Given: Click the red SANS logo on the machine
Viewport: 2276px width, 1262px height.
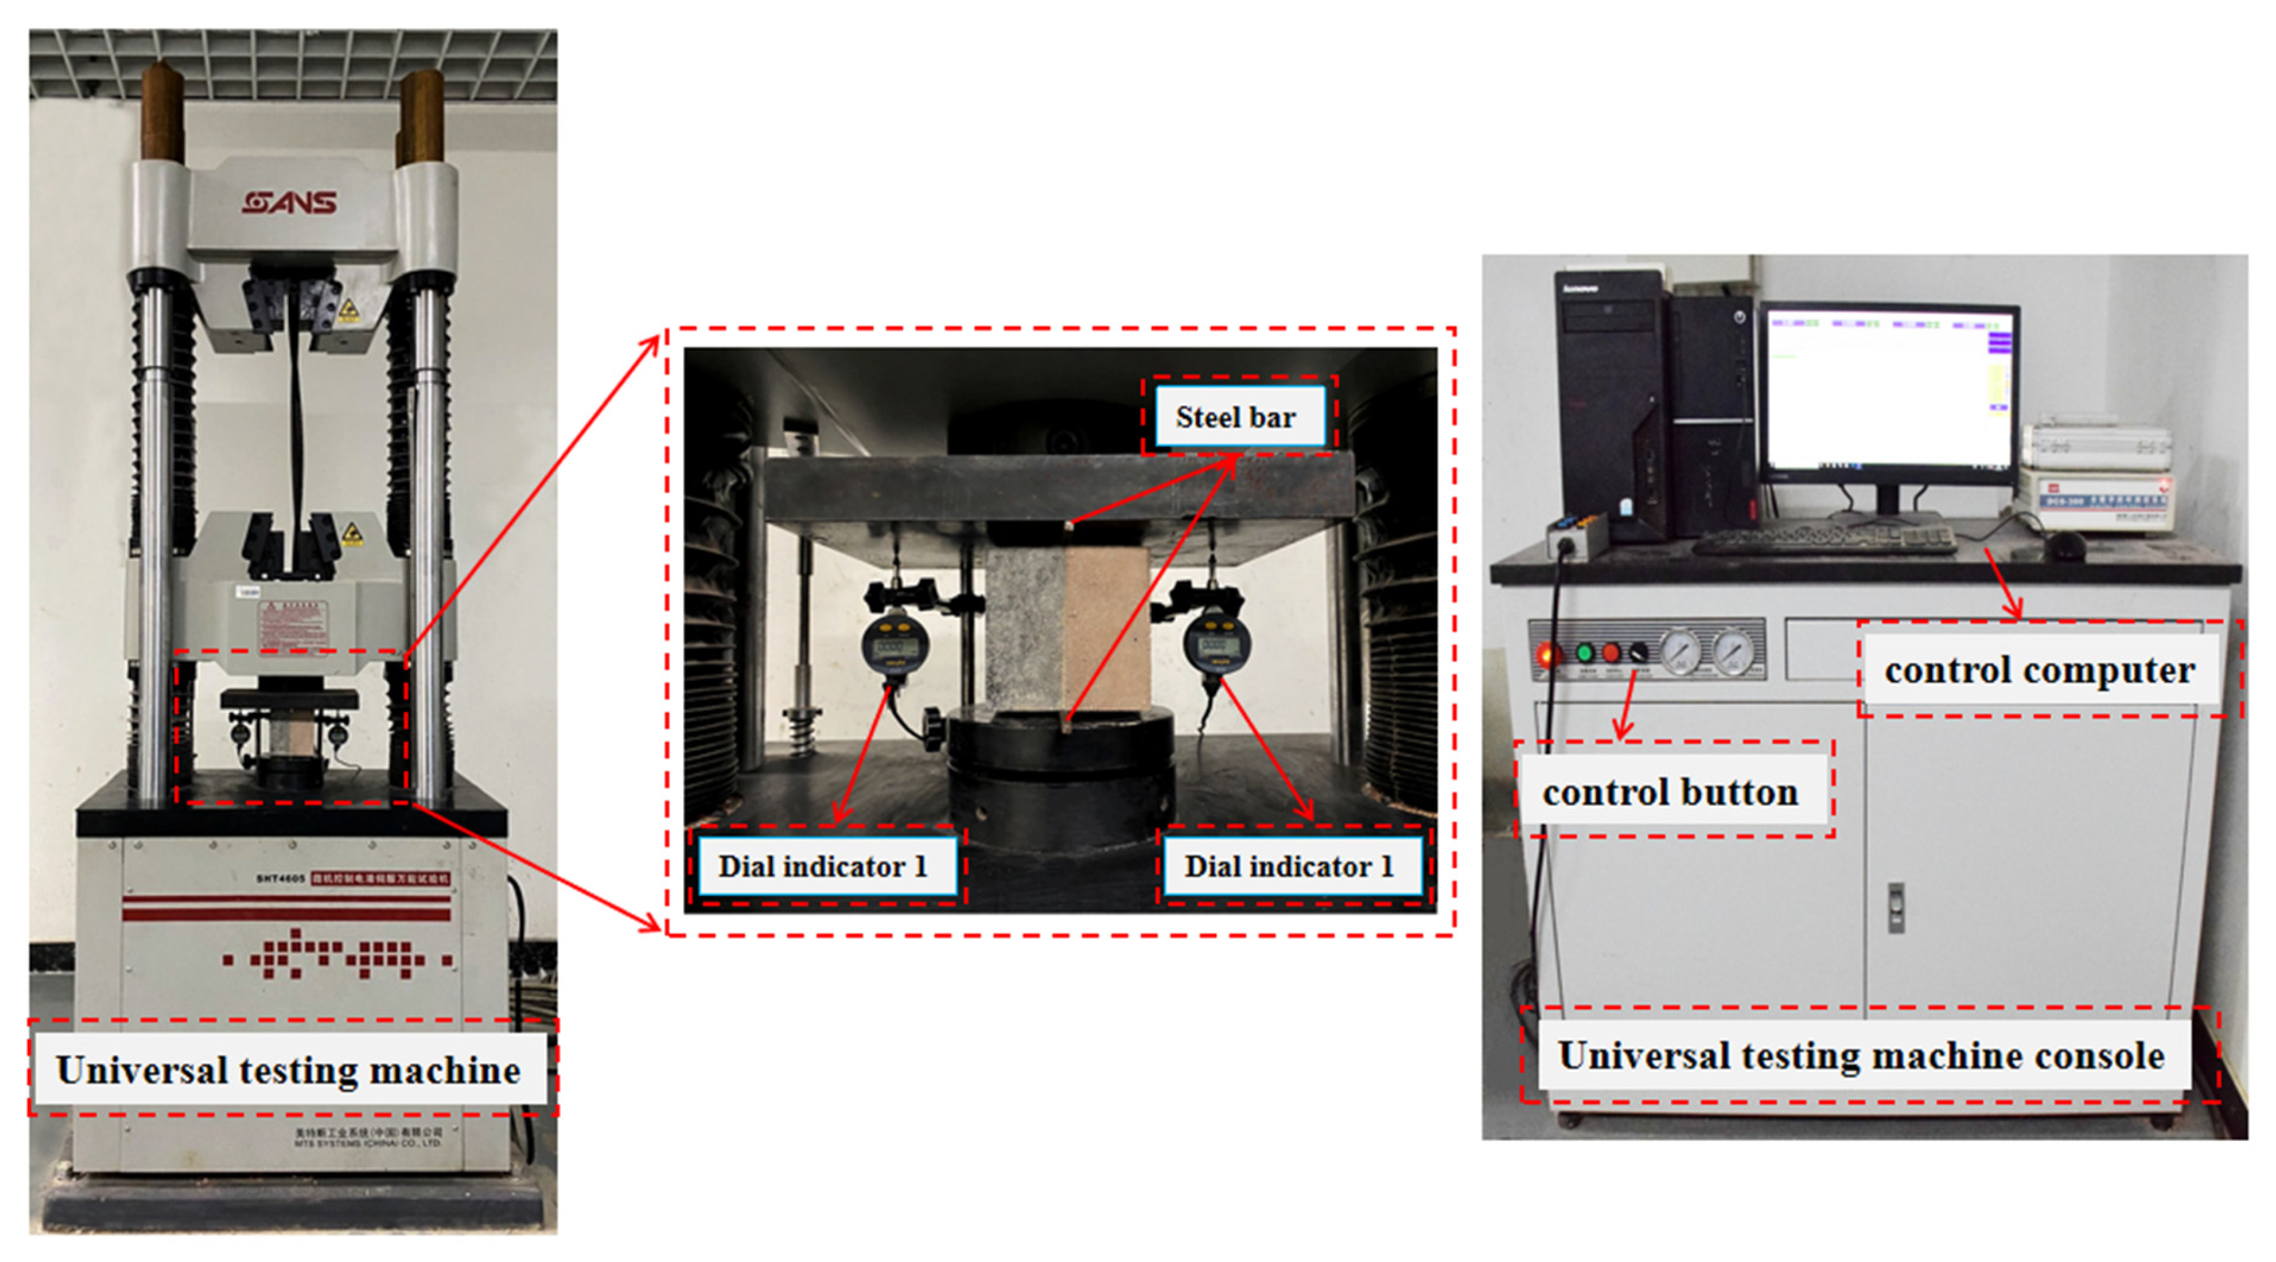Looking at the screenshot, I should (290, 203).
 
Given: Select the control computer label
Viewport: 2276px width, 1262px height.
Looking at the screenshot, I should (2039, 670).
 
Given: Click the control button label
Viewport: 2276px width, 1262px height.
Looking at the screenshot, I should (1670, 792).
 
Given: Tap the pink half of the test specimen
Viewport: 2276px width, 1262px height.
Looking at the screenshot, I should (1106, 627).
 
